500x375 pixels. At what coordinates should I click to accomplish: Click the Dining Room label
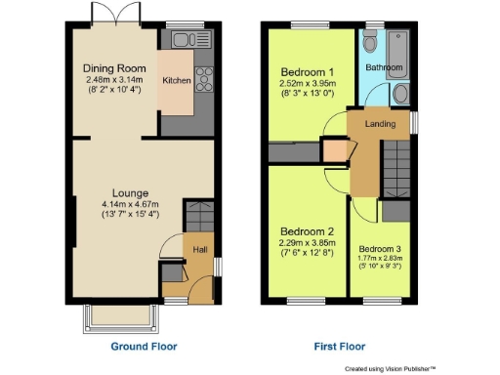(x=113, y=68)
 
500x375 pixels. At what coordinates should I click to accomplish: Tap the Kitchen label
(x=176, y=80)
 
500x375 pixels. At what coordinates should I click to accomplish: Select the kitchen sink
(x=183, y=40)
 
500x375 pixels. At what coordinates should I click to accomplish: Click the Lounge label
(x=129, y=192)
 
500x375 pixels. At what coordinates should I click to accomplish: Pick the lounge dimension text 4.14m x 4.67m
(x=129, y=204)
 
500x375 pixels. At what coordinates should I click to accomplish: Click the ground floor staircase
(x=198, y=216)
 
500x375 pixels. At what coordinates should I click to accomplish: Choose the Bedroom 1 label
(x=308, y=73)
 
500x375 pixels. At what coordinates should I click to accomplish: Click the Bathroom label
(x=384, y=67)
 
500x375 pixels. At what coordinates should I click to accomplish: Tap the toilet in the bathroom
(x=370, y=45)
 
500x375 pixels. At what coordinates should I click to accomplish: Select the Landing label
(x=380, y=124)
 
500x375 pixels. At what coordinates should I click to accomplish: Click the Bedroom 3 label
(x=379, y=249)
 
